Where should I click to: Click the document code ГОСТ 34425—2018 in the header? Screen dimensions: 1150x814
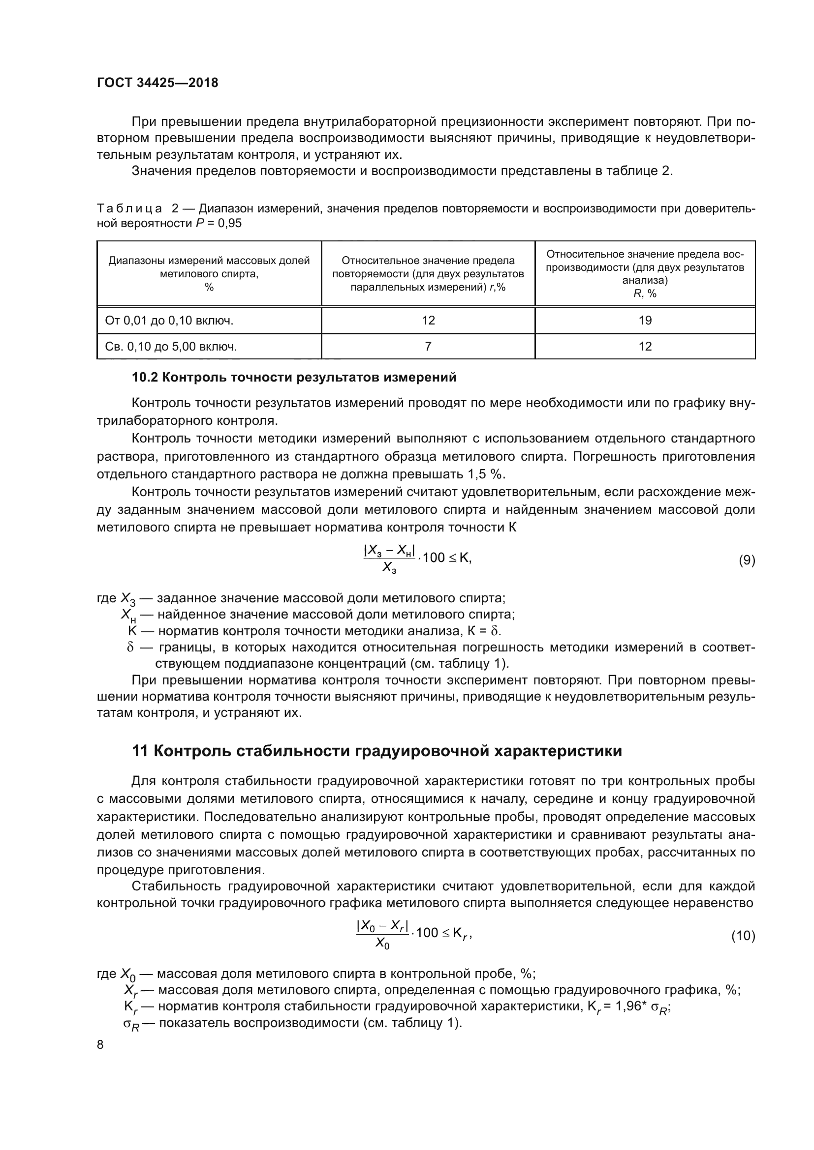(157, 83)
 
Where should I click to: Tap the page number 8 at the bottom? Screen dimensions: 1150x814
(100, 1044)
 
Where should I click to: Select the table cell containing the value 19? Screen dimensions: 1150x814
(645, 321)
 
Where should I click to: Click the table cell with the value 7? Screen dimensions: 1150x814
(428, 347)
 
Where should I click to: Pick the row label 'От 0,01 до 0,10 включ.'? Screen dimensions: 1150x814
(169, 321)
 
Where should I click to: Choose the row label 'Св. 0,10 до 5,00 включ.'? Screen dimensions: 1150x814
(171, 347)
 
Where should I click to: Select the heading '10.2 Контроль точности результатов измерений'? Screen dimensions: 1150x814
(294, 377)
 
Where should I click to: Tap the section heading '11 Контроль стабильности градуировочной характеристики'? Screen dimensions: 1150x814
(376, 751)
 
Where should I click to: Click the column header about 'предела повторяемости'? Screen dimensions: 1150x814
(428, 274)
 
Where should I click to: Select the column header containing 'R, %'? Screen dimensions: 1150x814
(645, 274)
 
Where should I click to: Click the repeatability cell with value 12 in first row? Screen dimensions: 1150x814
(428, 321)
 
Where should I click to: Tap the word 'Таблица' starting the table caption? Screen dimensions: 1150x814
(129, 208)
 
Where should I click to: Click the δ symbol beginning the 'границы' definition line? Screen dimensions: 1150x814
(130, 648)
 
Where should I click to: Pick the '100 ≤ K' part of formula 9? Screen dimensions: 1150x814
(445, 558)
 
